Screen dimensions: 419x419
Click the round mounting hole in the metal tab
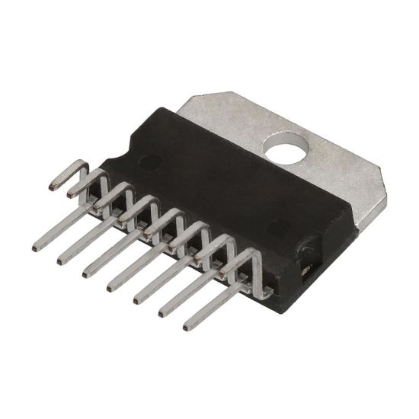(287, 148)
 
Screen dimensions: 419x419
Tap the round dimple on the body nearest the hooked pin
(151, 162)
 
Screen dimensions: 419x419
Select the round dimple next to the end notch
(280, 226)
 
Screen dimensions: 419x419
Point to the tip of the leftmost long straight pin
(37, 247)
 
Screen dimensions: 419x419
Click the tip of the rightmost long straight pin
(187, 327)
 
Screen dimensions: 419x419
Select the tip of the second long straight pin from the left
(61, 261)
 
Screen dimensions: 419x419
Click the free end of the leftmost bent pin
(53, 185)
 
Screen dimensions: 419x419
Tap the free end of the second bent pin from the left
(70, 195)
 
